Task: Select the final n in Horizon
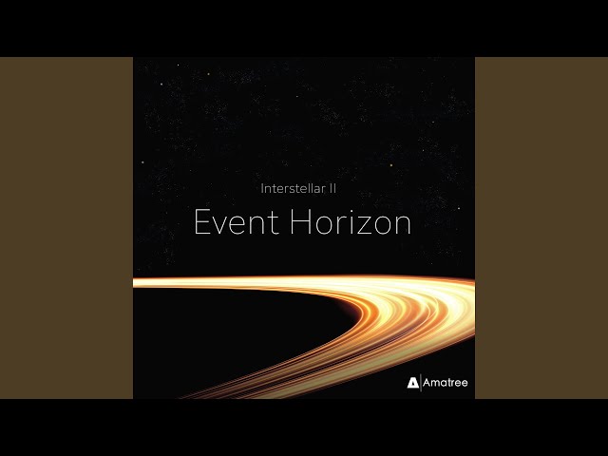(x=402, y=225)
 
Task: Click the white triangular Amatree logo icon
(x=412, y=383)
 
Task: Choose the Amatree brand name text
(x=446, y=383)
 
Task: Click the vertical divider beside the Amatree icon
(x=421, y=383)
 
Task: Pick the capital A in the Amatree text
(x=428, y=383)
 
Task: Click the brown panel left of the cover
(x=66, y=228)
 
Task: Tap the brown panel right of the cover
(x=541, y=228)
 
